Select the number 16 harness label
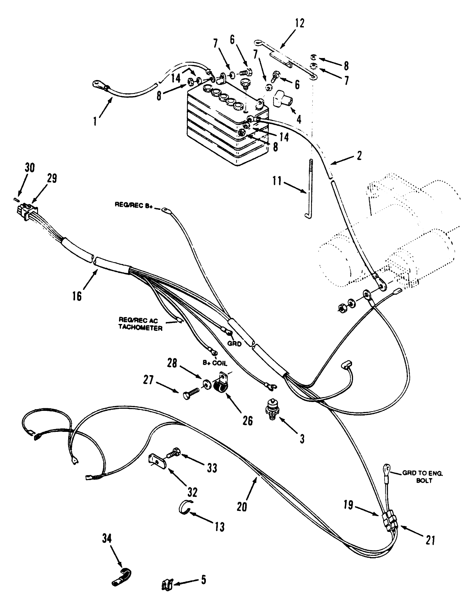tap(77, 295)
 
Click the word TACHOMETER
tap(140, 328)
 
